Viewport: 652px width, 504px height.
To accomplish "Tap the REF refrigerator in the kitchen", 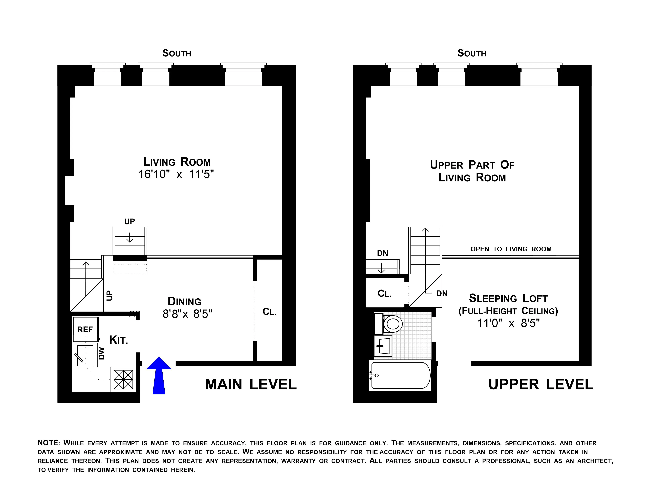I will coord(85,329).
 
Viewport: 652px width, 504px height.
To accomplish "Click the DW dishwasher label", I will coord(102,353).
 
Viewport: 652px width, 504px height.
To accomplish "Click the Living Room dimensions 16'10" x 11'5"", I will coord(176,174).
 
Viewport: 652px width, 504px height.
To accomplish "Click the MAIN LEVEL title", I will coord(251,384).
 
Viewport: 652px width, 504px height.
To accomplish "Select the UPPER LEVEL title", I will coord(540,384).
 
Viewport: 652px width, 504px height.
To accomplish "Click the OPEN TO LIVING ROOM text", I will coord(511,249).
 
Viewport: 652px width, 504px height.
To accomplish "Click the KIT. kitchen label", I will coord(119,340).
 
